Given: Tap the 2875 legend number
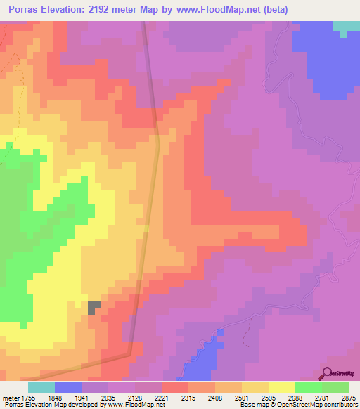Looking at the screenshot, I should pyautogui.click(x=348, y=396).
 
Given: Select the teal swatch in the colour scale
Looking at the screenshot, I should pyautogui.click(x=41, y=387).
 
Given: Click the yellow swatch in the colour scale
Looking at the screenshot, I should pyautogui.click(x=281, y=387).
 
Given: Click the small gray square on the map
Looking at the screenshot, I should pyautogui.click(x=94, y=306).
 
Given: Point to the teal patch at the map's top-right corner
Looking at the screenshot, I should pyautogui.click(x=345, y=27).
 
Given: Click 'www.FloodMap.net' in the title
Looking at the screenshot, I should pyautogui.click(x=217, y=10).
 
